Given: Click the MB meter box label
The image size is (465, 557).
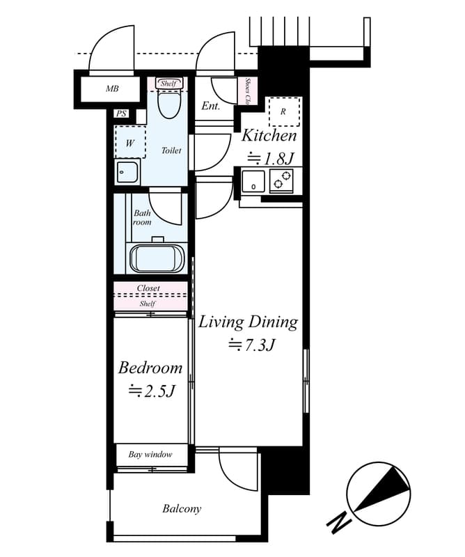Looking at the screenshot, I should pos(111,88).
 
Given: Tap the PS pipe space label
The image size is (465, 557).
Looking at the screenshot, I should pos(122,113).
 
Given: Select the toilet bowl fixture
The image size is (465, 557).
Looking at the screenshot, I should pos(168,104).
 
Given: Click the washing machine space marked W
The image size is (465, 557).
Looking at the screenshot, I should pos(129,143).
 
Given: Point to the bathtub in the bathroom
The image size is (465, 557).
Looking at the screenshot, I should pos(157,258).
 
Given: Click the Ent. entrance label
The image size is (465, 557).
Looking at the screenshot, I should pos(211,107).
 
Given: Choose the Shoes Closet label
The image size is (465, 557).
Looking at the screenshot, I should pos(248,90).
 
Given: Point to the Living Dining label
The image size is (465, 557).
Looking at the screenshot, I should pos(248,322).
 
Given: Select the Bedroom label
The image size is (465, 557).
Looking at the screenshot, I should pos(150,368).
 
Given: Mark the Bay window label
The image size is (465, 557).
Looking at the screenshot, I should pos(150,455).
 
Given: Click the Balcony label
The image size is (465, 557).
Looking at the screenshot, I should pos(182,509).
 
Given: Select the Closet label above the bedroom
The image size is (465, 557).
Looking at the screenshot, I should pos(148,288).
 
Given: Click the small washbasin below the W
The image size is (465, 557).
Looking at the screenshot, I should pos(127,171).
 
